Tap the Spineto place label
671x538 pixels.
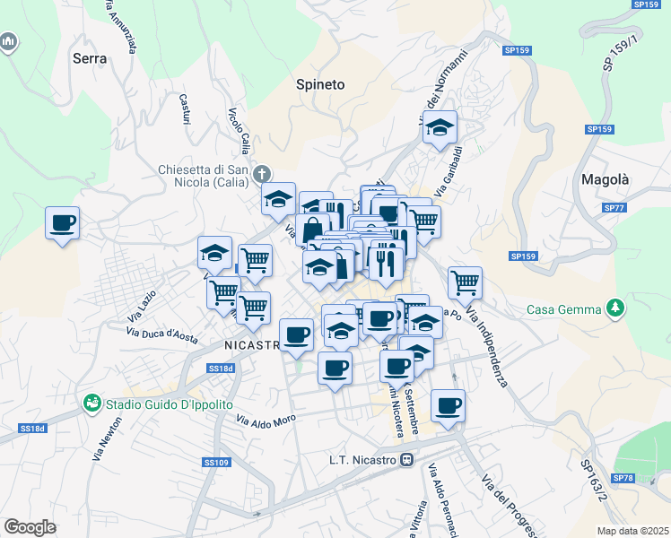click(x=320, y=84)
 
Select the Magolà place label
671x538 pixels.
click(x=605, y=179)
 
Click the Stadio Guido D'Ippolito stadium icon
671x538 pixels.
click(x=92, y=403)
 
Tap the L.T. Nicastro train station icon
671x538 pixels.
click(x=407, y=461)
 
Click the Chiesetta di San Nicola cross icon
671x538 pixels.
click(x=262, y=172)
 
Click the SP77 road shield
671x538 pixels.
click(x=614, y=208)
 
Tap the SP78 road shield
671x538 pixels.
click(x=623, y=478)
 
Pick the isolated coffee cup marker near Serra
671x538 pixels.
click(x=63, y=222)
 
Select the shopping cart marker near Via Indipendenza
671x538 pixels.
click(x=465, y=282)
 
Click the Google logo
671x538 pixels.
click(x=30, y=527)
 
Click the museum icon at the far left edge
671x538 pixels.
click(x=9, y=42)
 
